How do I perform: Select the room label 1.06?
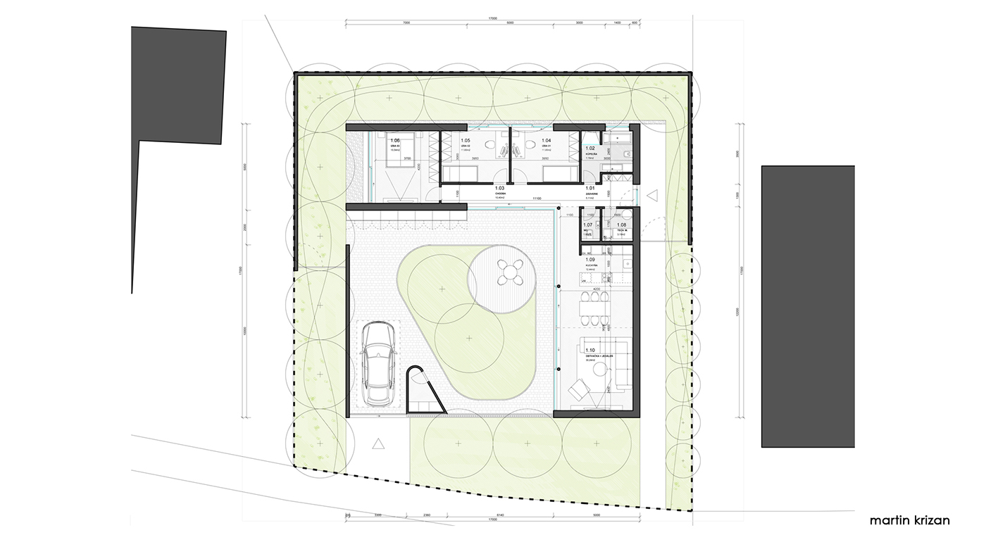pos(394,141)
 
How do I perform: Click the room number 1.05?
pos(466,141)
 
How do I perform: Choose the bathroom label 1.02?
pos(590,149)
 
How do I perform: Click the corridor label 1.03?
pos(500,189)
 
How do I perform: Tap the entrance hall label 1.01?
pos(590,189)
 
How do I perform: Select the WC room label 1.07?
pos(587,225)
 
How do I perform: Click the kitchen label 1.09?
pos(590,260)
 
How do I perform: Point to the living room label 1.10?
pos(590,350)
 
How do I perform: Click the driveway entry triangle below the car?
pos(378,443)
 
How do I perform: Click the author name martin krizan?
pos(909,521)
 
